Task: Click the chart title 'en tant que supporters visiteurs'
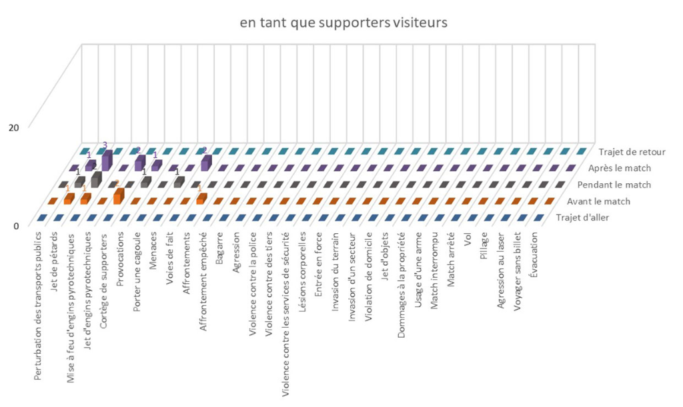pyautogui.click(x=344, y=23)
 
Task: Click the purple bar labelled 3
pyautogui.click(x=107, y=162)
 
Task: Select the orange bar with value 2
pyautogui.click(x=119, y=196)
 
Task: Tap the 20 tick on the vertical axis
pyautogui.click(x=13, y=127)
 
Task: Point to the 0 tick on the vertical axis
pyautogui.click(x=16, y=225)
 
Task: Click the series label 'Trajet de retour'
pyautogui.click(x=632, y=152)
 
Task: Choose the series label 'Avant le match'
pyautogui.click(x=604, y=201)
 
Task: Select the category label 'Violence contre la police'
pyautogui.click(x=253, y=276)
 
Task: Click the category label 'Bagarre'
pyautogui.click(x=220, y=248)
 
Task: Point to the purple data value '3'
pyautogui.click(x=105, y=145)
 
